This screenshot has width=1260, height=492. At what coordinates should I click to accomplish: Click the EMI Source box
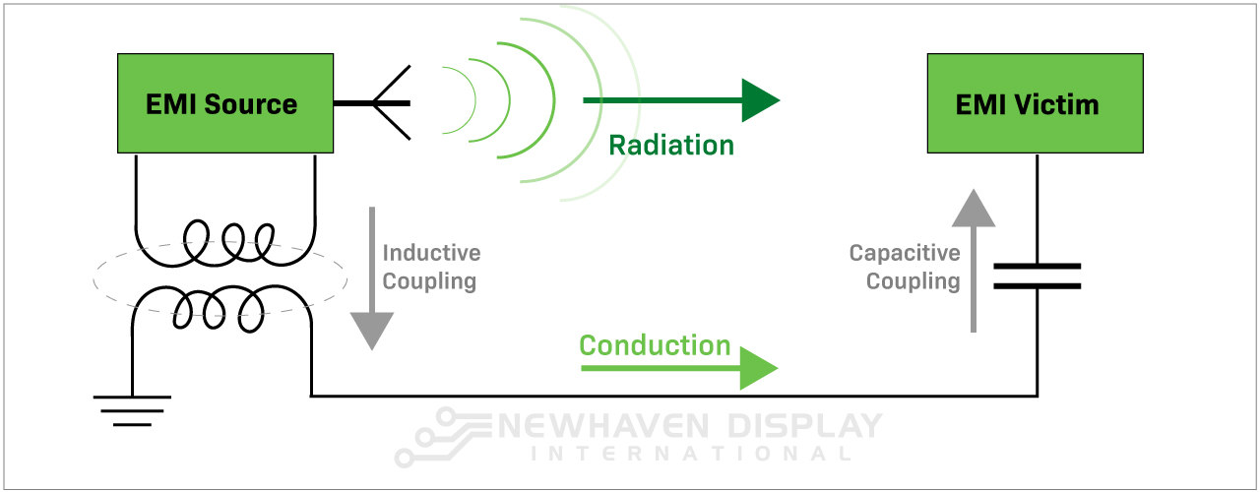(x=221, y=103)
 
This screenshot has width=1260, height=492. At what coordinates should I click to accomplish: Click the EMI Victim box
(x=1035, y=103)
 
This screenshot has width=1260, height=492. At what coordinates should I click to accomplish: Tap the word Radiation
(x=671, y=146)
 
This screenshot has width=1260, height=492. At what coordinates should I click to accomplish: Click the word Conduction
(x=655, y=345)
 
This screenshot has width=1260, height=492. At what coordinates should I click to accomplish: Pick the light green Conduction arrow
(x=679, y=368)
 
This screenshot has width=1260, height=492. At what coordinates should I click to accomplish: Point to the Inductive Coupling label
(x=431, y=267)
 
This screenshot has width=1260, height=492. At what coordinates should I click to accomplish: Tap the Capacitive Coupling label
(x=905, y=267)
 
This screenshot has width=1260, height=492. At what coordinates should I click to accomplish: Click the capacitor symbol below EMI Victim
(x=1037, y=276)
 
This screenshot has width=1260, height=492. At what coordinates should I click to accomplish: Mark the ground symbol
(x=132, y=409)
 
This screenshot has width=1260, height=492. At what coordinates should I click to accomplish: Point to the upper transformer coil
(x=225, y=240)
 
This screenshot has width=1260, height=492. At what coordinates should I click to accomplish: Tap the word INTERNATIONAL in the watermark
(x=689, y=454)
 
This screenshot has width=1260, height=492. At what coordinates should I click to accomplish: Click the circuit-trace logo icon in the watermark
(x=440, y=438)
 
